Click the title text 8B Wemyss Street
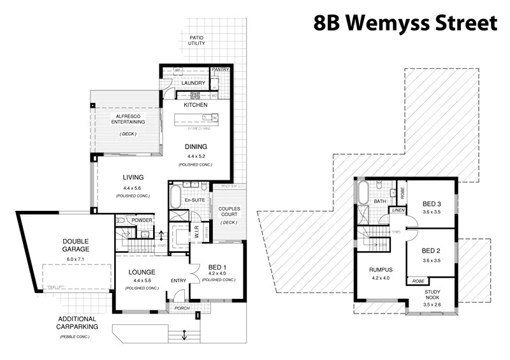(405, 23)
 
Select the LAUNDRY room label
(193, 83)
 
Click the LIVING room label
(133, 177)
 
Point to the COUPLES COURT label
(229, 212)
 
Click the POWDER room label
(142, 220)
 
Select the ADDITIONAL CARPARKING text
(77, 322)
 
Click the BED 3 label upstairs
(432, 204)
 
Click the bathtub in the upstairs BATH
(363, 191)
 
